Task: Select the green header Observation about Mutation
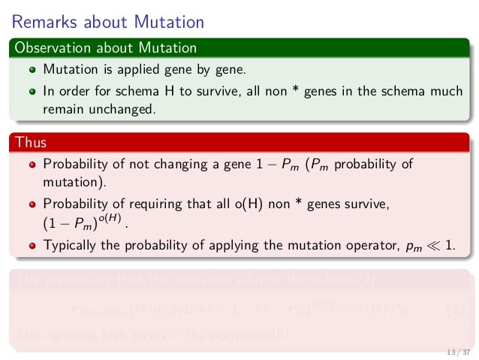pyautogui.click(x=104, y=48)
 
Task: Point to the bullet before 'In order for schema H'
pyautogui.click(x=32, y=92)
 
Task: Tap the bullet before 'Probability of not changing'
pyautogui.click(x=32, y=165)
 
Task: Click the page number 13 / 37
pyautogui.click(x=457, y=352)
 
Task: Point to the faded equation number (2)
pyautogui.click(x=454, y=309)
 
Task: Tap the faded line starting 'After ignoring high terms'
pyautogui.click(x=150, y=334)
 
